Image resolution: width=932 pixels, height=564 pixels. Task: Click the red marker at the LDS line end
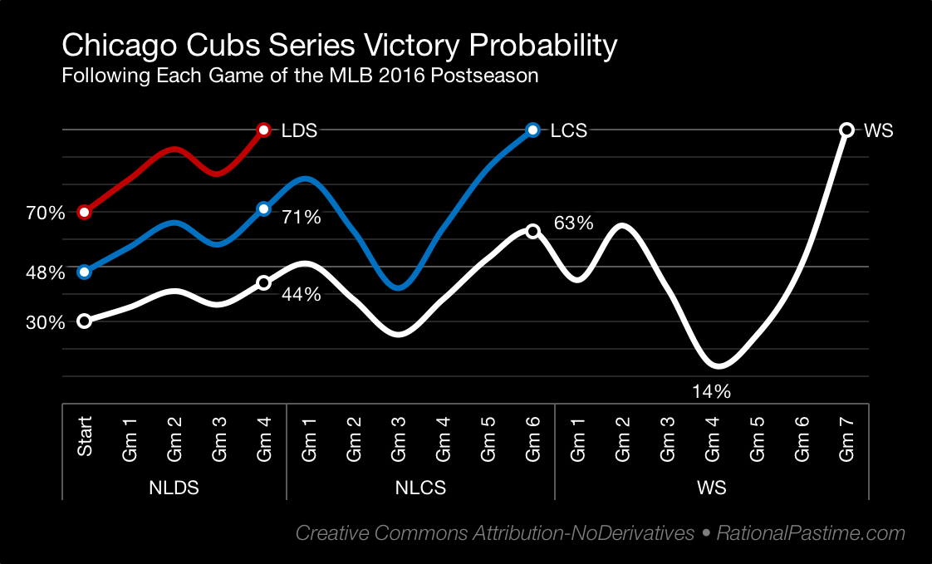(263, 130)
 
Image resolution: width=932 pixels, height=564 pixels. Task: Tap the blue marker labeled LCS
(532, 130)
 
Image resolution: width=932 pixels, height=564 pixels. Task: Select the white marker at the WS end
(846, 130)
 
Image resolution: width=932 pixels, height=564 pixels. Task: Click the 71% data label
(301, 218)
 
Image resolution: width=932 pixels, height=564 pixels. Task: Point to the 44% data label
(301, 293)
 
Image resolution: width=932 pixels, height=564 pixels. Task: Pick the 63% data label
(573, 223)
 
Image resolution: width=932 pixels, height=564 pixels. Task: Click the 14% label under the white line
(712, 391)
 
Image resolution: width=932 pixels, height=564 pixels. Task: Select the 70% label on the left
(45, 213)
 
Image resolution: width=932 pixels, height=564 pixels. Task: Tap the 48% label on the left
(45, 272)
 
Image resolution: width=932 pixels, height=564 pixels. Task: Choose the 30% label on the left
(45, 323)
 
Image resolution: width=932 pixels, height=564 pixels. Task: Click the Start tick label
(85, 437)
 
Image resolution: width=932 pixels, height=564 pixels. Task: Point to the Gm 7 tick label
(846, 439)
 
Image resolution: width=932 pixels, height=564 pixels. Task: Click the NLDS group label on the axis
(174, 488)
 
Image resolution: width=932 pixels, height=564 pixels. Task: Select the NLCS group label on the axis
(420, 488)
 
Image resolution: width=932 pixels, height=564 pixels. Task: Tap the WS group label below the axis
(712, 488)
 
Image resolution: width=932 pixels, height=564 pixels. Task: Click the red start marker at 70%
(84, 212)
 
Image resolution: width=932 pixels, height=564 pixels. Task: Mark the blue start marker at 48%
(84, 272)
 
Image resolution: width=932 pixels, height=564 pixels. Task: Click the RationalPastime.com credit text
(811, 533)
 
